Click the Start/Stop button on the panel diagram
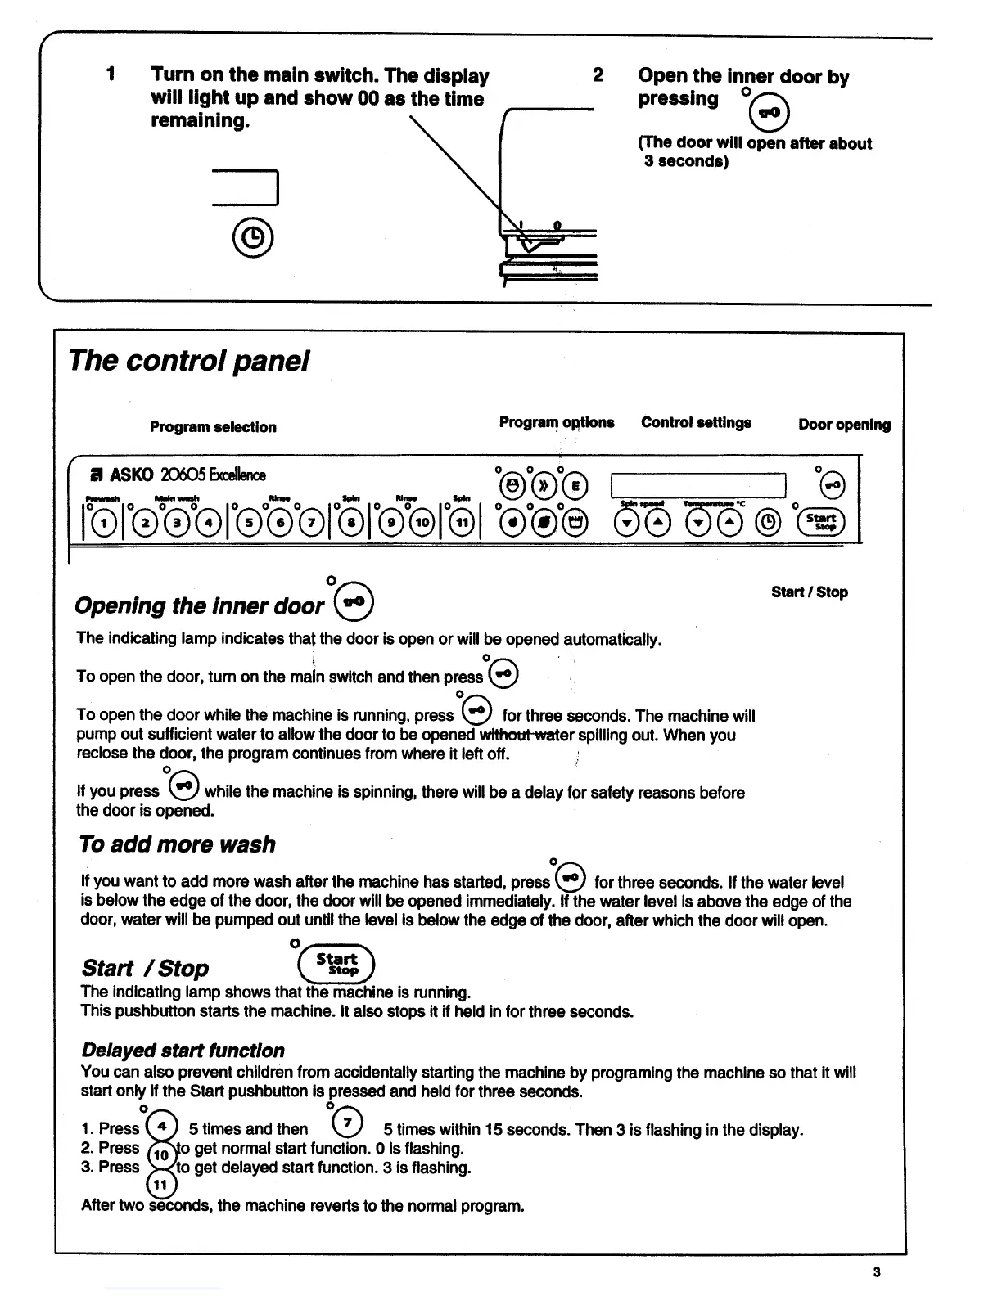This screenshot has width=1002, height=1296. point(821,521)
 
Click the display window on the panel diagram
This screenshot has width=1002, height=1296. point(698,485)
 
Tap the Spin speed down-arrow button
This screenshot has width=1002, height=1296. point(627,521)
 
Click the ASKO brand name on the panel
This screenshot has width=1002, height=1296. point(127,475)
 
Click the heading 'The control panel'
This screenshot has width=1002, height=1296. point(189,361)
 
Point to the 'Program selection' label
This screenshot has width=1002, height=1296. point(213,427)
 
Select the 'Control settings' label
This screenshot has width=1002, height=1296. point(696,423)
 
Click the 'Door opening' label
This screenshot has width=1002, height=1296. point(844,425)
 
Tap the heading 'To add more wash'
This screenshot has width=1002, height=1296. point(178,844)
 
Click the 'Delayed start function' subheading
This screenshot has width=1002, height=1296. point(183,1051)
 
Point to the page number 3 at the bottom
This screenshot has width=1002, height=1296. point(877,1272)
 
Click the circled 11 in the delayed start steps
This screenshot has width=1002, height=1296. point(160,1185)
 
